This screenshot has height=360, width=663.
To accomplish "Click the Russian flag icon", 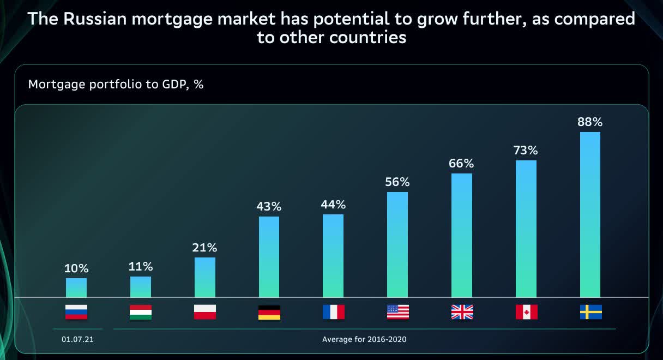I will [x=76, y=312].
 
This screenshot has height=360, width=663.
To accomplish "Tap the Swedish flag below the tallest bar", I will [x=590, y=312].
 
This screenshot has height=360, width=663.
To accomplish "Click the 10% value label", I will [x=76, y=269].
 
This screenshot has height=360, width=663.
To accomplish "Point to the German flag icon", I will [x=269, y=312].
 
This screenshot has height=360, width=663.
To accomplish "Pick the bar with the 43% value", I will [x=269, y=256].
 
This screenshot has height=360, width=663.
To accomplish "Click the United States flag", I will [x=397, y=312].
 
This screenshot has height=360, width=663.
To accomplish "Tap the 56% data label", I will [x=397, y=182].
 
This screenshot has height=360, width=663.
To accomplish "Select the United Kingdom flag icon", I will [x=462, y=312].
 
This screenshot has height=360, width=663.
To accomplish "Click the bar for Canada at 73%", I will [x=526, y=229].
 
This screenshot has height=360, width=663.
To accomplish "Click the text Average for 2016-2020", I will [x=364, y=339].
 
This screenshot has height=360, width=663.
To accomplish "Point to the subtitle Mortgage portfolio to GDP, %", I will [x=116, y=85].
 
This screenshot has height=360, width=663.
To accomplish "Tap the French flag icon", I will [x=333, y=312].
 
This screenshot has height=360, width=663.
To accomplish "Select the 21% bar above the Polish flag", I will [x=204, y=277].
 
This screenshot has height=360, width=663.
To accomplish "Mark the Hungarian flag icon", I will [x=140, y=312].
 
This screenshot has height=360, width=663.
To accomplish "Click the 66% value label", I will [x=461, y=164].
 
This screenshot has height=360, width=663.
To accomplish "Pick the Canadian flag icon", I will [x=526, y=312].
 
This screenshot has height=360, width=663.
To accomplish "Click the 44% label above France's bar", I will [x=333, y=205].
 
